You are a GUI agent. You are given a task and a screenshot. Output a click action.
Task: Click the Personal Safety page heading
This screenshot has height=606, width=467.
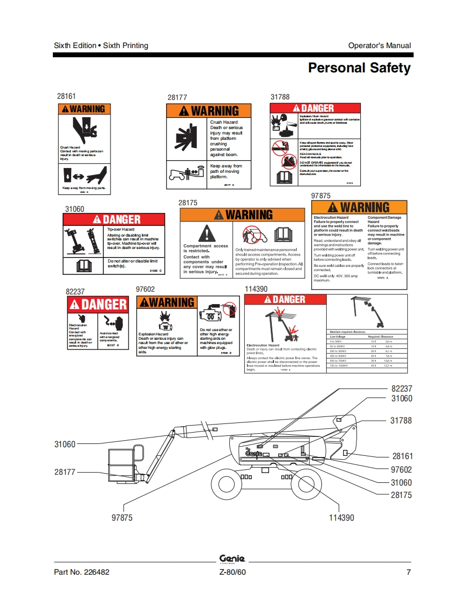[359, 68]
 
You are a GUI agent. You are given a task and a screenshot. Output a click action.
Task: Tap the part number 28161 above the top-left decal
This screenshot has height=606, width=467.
[67, 96]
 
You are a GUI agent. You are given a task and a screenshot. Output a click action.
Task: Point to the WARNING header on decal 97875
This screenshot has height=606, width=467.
[359, 207]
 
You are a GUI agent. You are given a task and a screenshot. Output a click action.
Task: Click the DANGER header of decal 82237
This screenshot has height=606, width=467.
[98, 305]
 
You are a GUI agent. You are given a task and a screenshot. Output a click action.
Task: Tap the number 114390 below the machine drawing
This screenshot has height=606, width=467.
[341, 517]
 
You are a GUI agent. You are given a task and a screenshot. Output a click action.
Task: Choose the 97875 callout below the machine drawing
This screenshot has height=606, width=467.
[122, 517]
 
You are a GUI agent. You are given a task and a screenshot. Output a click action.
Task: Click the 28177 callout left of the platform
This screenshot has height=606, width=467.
[65, 472]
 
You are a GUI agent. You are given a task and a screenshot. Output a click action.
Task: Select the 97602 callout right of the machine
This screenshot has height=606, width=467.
[401, 470]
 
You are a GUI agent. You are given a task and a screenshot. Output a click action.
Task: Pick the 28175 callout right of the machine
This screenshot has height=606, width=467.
[401, 495]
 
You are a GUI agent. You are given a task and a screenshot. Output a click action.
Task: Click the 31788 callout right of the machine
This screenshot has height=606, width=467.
[401, 420]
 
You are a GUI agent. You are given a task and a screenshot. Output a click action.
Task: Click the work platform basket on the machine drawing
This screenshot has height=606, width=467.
[123, 464]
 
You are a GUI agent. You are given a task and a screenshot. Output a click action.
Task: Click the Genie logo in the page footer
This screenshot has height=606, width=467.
[232, 560]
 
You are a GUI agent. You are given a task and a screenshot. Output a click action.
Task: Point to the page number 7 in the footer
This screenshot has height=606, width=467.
[408, 573]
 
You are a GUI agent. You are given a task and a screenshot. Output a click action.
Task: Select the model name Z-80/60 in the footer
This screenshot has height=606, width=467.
[233, 573]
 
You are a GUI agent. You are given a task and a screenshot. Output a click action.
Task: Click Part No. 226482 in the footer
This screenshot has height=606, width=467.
[81, 573]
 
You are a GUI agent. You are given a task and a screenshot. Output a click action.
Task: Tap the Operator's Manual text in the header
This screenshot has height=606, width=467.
[379, 45]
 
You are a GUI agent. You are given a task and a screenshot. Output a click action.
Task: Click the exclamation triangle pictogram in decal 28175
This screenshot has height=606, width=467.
[207, 233]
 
